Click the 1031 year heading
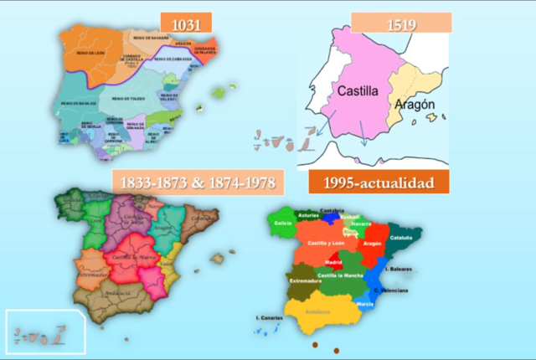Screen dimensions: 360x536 point(186,23)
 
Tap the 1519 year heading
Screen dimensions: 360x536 point(401,23)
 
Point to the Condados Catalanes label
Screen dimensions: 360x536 point(205,50)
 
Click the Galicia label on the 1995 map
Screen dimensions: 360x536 point(283,223)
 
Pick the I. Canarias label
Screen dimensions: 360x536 point(269,317)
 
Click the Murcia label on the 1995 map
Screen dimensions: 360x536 point(366,304)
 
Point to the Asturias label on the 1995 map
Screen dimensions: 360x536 point(307,214)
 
